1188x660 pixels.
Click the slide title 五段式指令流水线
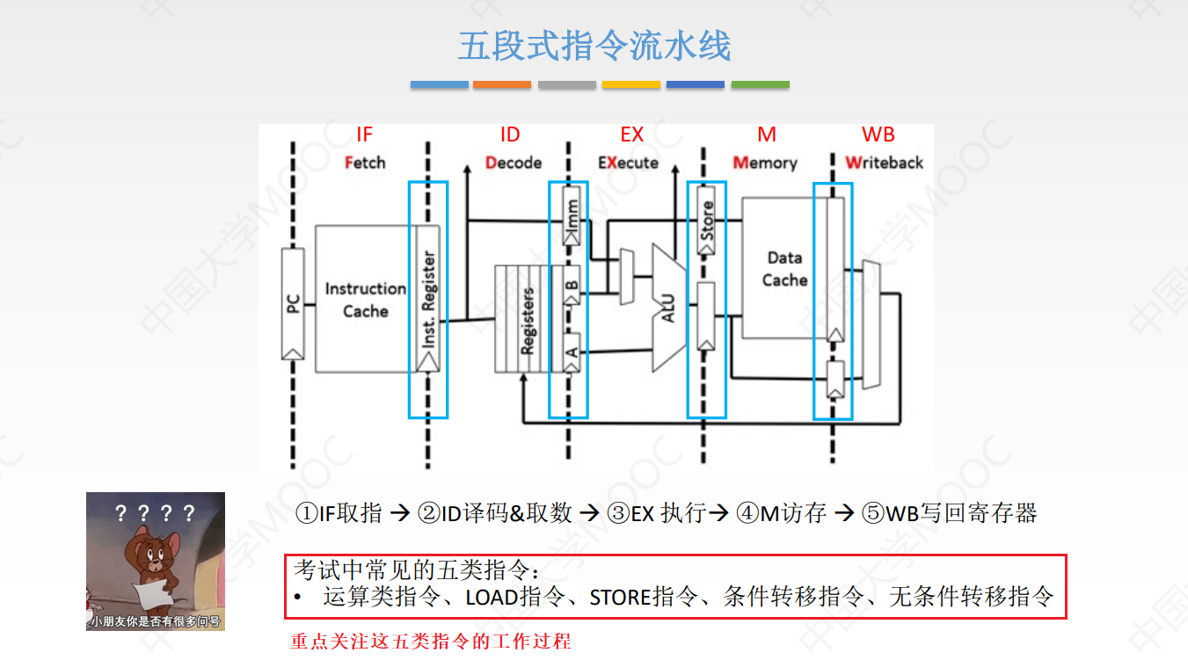[x=594, y=46]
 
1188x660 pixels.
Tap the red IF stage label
[x=364, y=134]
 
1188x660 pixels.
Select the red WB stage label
[x=878, y=134]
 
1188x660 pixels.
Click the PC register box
[x=293, y=303]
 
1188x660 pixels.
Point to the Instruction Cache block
[x=364, y=299]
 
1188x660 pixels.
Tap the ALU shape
[x=668, y=308]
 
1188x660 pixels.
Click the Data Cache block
[x=784, y=269]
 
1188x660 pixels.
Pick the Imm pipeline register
[x=572, y=215]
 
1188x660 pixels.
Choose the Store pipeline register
[x=706, y=220]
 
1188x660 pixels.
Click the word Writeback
[x=884, y=163]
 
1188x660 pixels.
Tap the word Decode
[x=514, y=163]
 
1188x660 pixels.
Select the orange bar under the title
[x=501, y=84]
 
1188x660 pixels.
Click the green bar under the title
[x=760, y=84]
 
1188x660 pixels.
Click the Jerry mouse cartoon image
[x=156, y=561]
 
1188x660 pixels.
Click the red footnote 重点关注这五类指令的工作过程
[x=431, y=641]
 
